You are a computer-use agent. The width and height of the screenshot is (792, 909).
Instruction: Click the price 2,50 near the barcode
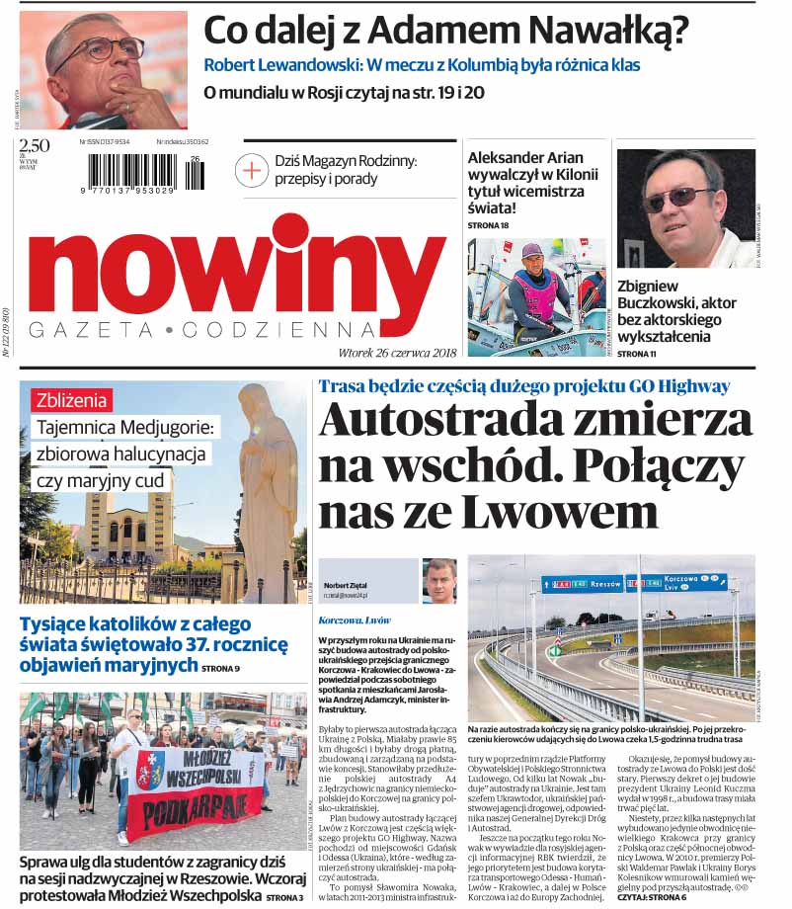point(34,146)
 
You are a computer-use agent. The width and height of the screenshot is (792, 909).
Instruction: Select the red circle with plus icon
point(252,170)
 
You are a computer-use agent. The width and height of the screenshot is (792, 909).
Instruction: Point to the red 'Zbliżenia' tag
point(72,400)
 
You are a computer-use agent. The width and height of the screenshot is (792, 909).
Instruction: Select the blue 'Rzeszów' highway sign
point(582,583)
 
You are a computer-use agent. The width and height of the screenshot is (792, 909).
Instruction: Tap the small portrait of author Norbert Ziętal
point(439,580)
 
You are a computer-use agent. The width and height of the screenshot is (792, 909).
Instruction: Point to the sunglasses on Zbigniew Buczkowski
point(676,196)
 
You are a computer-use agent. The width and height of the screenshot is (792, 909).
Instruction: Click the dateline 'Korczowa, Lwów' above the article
point(356,620)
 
